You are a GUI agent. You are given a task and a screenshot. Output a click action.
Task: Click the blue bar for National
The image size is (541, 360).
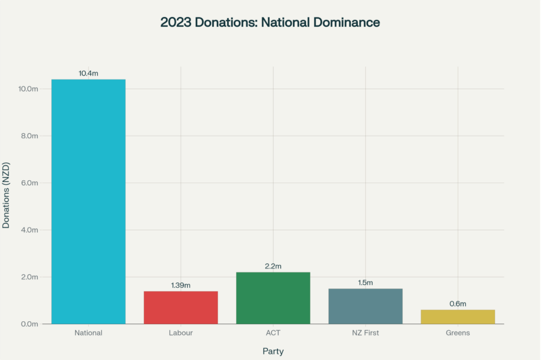[88, 201]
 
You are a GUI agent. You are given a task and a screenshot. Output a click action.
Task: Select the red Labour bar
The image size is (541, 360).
[181, 307]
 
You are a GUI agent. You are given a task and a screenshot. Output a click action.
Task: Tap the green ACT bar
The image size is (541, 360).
[273, 297]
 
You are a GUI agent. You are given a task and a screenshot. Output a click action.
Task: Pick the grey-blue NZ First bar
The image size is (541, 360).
[365, 306]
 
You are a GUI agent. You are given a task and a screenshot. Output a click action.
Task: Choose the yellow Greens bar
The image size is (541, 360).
[458, 317]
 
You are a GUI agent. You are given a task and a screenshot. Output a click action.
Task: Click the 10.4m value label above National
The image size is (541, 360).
[88, 73]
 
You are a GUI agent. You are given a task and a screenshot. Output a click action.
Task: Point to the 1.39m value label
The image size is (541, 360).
[181, 285]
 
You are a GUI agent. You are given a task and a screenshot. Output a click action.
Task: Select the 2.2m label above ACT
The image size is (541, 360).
[273, 266]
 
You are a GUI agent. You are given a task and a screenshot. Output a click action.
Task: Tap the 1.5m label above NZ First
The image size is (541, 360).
[365, 283]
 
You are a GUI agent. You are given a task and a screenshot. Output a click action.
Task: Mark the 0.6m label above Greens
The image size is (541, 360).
[458, 304]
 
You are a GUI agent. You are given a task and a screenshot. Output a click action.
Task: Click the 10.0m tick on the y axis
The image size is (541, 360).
[28, 89]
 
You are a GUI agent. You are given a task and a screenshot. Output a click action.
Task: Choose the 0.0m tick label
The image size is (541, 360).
[30, 324]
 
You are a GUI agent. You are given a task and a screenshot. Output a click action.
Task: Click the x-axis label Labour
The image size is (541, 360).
[181, 333]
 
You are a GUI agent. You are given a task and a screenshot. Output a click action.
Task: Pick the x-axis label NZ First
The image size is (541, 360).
[365, 333]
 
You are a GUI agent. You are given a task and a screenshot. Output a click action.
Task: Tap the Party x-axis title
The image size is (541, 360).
[273, 351]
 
